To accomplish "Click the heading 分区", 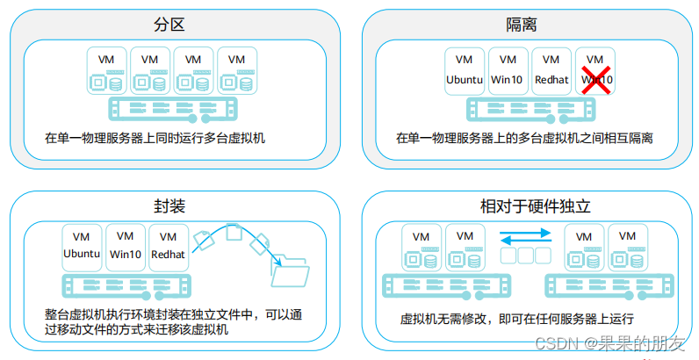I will tap(176, 24).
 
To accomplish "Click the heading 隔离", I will tap(523, 24).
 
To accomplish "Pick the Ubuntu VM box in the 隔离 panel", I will tap(465, 70).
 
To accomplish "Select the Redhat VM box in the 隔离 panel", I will tap(551, 70).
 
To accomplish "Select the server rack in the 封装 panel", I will tap(126, 285).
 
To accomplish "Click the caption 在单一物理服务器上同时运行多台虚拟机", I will tap(155, 138).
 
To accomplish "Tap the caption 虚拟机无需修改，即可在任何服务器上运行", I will tap(516, 319).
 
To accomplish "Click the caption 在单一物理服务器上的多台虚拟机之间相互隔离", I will tap(524, 138).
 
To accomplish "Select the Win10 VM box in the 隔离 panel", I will tap(508, 70).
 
